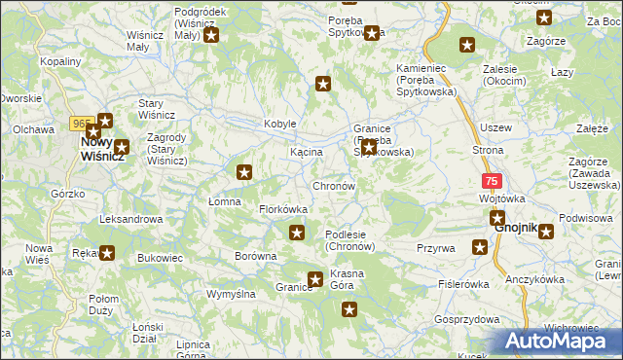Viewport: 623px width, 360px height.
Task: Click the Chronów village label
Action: (x=334, y=186)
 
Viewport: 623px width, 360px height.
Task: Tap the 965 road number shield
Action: (x=81, y=124)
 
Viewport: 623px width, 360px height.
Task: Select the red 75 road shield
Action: (x=493, y=181)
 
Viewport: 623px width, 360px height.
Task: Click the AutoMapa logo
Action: (x=559, y=342)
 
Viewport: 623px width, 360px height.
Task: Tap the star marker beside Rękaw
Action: (x=107, y=253)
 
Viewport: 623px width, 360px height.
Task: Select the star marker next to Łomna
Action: (x=245, y=172)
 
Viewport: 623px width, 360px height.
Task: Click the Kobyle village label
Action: (x=279, y=125)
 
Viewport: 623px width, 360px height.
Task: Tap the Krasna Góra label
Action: (x=347, y=279)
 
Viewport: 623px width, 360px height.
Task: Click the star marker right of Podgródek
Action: (x=210, y=36)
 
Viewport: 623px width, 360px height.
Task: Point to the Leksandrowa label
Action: (x=130, y=220)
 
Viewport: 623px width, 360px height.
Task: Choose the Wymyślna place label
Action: (x=231, y=293)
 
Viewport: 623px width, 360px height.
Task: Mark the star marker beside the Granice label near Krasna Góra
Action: (x=315, y=280)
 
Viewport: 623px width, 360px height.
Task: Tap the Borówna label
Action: (x=256, y=257)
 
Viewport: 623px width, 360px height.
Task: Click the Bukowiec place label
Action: (x=161, y=259)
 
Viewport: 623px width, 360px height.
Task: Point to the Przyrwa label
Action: (x=436, y=248)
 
